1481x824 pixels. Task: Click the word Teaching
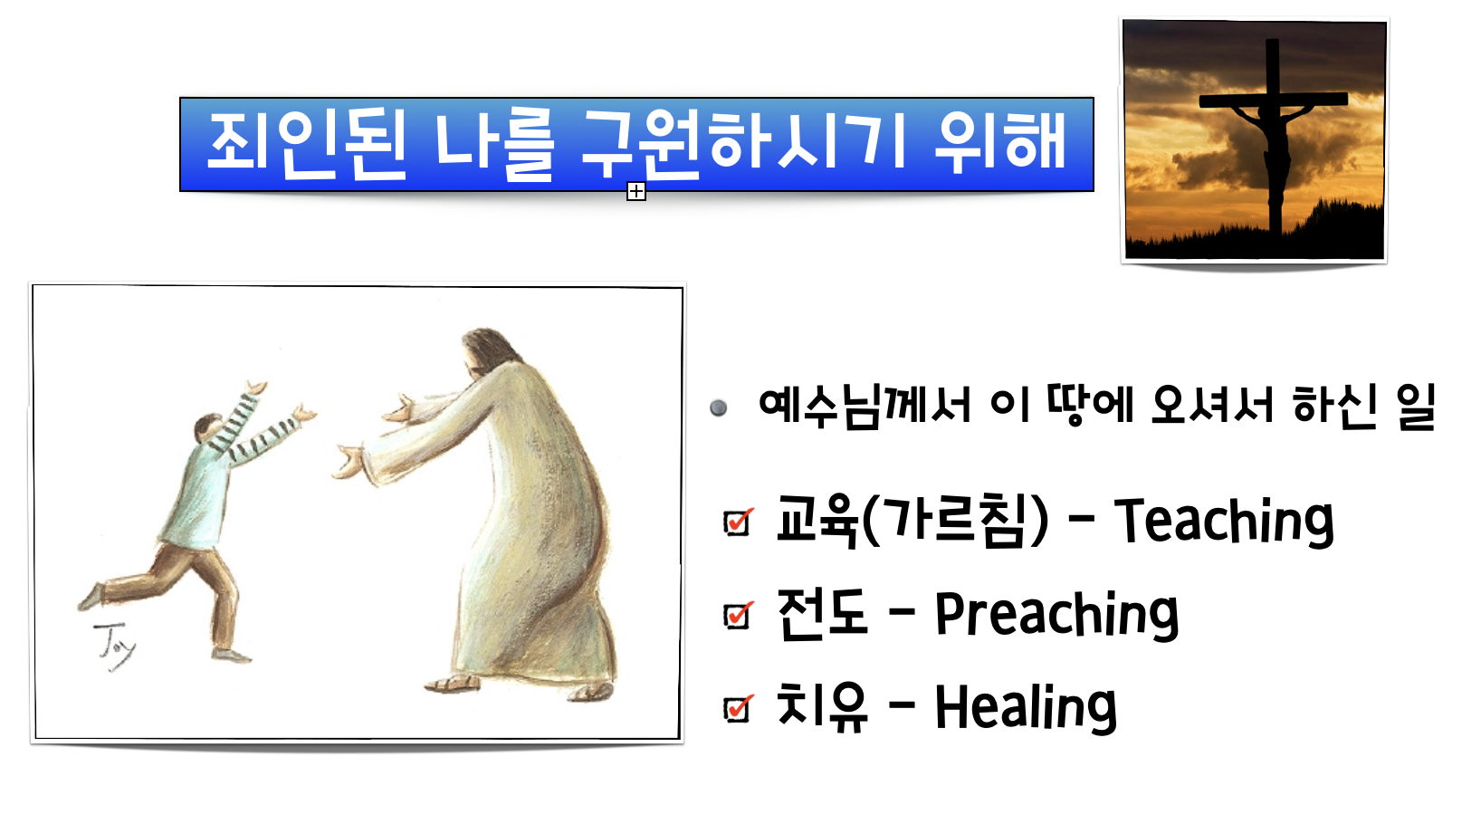(1224, 522)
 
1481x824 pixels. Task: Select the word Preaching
(1056, 614)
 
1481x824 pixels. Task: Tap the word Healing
(1026, 707)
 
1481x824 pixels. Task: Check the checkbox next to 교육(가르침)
(738, 522)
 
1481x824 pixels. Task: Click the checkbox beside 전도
(738, 615)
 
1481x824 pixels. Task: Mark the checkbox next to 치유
(738, 708)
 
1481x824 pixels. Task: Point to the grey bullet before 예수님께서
(718, 407)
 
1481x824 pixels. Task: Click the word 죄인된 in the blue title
(307, 145)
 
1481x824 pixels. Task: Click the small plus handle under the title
(636, 192)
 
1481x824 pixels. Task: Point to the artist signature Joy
(114, 647)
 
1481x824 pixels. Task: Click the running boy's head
(208, 429)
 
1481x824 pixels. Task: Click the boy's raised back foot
(90, 597)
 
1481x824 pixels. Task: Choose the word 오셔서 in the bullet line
(1212, 405)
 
